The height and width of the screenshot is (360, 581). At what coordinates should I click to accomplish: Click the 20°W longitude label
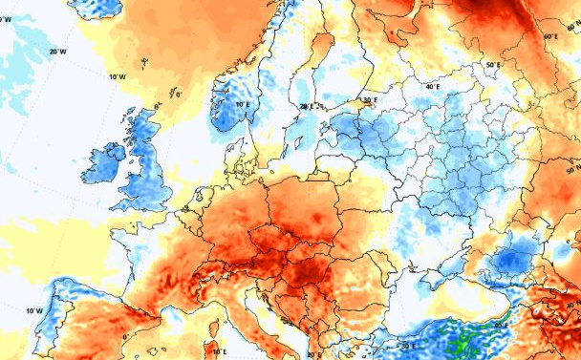point(57,51)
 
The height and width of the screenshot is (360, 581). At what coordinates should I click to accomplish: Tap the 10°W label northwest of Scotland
point(117,76)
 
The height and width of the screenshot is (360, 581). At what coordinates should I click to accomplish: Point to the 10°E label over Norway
point(243,104)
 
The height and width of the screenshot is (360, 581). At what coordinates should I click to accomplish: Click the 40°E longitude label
point(433,87)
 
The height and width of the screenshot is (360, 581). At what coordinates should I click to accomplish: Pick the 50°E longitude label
point(493,65)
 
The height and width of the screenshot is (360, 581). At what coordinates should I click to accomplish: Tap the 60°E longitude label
point(550,37)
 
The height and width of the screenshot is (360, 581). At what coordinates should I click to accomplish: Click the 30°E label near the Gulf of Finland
point(371,99)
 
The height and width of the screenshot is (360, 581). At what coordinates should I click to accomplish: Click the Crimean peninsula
point(449,278)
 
